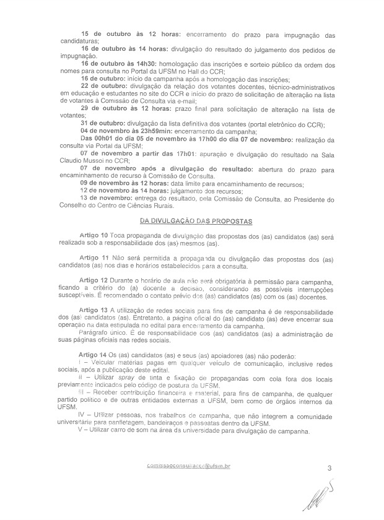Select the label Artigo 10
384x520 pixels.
pyautogui.click(x=95, y=236)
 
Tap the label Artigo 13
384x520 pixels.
pyautogui.click(x=95, y=309)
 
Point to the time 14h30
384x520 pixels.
pyautogui.click(x=146, y=64)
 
